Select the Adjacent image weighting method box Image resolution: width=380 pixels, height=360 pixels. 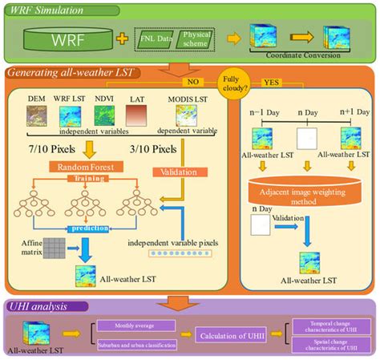pos(305,196)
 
